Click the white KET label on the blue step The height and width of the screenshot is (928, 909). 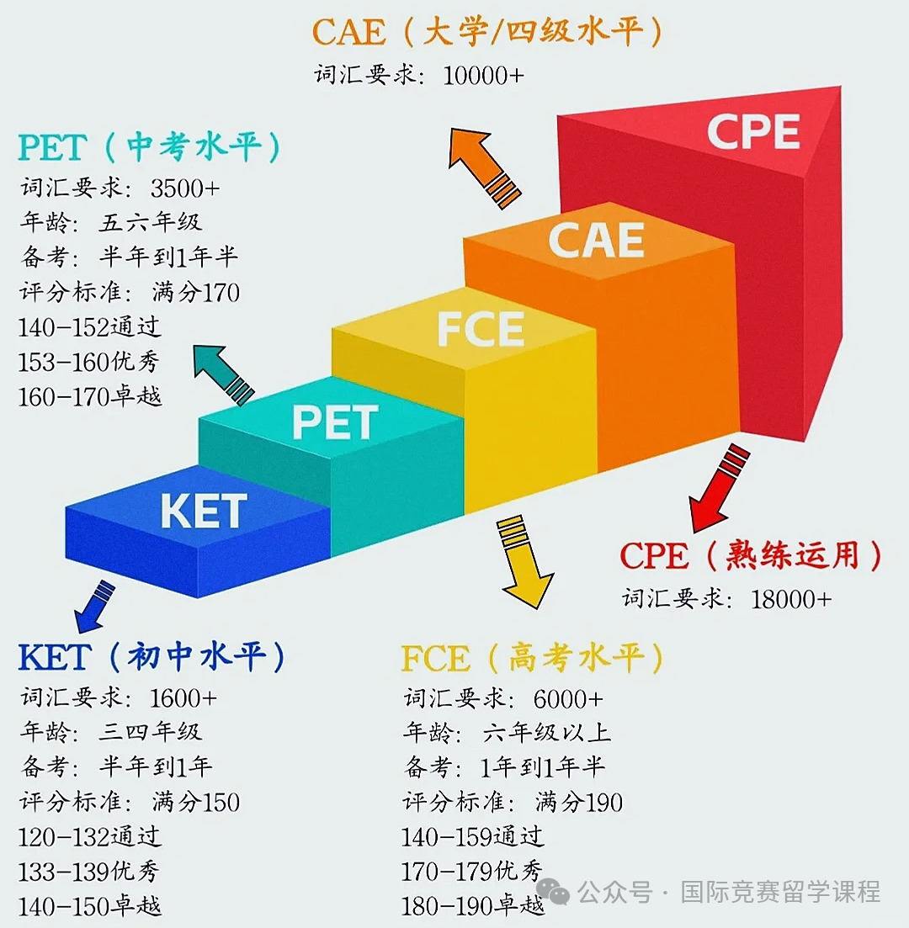[x=204, y=511]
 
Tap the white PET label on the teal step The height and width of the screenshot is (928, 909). [x=335, y=422]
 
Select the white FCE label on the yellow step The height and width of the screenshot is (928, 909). [x=481, y=329]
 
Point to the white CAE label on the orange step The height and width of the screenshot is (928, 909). [x=597, y=241]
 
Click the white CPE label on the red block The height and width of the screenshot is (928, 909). [x=753, y=131]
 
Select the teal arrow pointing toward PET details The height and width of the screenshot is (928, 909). [x=222, y=374]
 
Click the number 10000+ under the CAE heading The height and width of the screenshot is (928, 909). [x=483, y=76]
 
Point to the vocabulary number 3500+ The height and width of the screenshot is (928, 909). [x=185, y=188]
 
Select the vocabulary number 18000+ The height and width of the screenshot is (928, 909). [x=791, y=600]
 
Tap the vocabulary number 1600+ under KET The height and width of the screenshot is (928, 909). [x=183, y=698]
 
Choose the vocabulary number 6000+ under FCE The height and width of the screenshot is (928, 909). [x=568, y=699]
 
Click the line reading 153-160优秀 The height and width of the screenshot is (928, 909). [x=89, y=362]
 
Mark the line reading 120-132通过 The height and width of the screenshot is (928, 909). [x=89, y=837]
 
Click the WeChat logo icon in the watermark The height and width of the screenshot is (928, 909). [x=553, y=891]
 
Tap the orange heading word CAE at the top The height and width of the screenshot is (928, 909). [x=348, y=32]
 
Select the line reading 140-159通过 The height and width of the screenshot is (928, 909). [x=472, y=837]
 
